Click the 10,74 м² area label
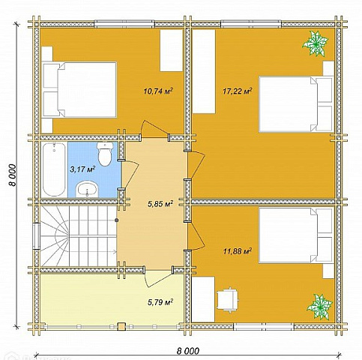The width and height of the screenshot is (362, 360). point(159,91)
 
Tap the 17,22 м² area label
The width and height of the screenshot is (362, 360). point(237,91)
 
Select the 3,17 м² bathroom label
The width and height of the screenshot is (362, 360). point(82,169)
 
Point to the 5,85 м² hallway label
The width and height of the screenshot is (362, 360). point(160,204)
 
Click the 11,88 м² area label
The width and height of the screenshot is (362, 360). point(238,251)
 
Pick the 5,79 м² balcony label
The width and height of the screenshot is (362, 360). point(160,302)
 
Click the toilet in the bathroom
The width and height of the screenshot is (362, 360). point(105,154)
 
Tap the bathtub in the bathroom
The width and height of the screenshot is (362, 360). point(54,169)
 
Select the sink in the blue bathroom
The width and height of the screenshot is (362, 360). point(87,189)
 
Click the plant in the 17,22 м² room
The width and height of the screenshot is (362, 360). point(315,43)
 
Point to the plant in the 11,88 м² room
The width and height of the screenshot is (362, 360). point(320,307)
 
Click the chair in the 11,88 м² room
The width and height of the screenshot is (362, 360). point(228,300)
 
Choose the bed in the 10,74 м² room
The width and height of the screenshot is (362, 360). point(79,90)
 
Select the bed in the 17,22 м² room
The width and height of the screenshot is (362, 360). point(297,104)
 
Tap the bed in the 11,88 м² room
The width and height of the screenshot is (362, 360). point(297,235)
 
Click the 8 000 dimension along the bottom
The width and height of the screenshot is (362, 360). point(188,351)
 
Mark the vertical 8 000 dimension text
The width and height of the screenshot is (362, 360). point(12,175)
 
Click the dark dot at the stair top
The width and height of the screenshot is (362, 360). point(116,220)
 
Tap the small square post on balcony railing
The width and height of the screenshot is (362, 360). point(121,327)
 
